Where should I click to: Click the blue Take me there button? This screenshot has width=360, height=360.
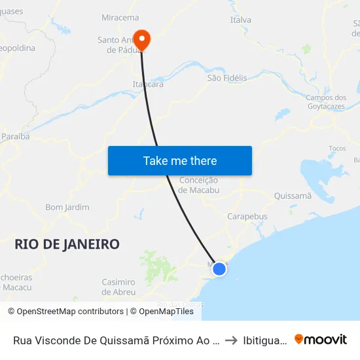pyautogui.click(x=179, y=160)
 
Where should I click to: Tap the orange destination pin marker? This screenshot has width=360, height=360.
pyautogui.click(x=141, y=39)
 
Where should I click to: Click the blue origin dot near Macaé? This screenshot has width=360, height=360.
pyautogui.click(x=219, y=268)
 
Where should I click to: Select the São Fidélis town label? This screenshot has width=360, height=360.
pyautogui.click(x=227, y=78)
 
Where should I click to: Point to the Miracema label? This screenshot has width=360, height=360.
pyautogui.click(x=120, y=18)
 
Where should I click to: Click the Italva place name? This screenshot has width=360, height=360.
pyautogui.click(x=240, y=20)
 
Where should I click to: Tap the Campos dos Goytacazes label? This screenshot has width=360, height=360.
pyautogui.click(x=327, y=102)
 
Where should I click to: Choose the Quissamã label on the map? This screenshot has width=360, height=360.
pyautogui.click(x=293, y=195)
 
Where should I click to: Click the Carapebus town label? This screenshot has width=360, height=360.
pyautogui.click(x=247, y=216)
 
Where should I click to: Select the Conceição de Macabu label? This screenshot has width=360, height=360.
pyautogui.click(x=198, y=185)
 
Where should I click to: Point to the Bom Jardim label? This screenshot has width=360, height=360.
pyautogui.click(x=67, y=207)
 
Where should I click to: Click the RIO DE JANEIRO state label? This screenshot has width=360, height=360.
pyautogui.click(x=67, y=244)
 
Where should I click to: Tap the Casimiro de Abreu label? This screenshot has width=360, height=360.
pyautogui.click(x=118, y=287)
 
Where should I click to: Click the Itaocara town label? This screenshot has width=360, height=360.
pyautogui.click(x=148, y=85)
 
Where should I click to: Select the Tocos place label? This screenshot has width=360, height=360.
pyautogui.click(x=337, y=149)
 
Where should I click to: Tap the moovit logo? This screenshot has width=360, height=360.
pyautogui.click(x=321, y=340)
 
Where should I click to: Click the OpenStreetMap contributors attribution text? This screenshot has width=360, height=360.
pyautogui.click(x=65, y=312)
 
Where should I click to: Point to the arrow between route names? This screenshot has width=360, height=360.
pyautogui.click(x=231, y=340)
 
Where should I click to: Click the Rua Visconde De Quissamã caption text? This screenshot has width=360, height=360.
pyautogui.click(x=115, y=340)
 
